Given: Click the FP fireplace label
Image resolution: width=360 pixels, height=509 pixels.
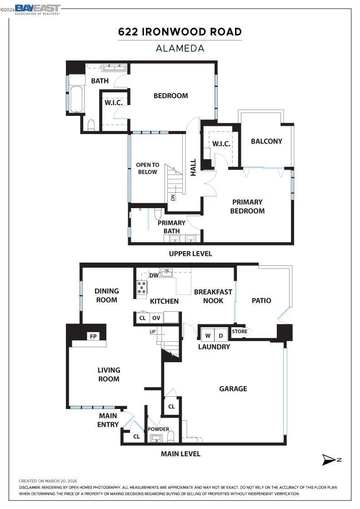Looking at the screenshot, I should pyautogui.click(x=93, y=337).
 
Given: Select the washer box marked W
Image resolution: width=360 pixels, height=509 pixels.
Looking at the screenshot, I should pyautogui.click(x=208, y=336).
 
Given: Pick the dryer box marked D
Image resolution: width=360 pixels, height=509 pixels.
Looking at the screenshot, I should pyautogui.click(x=221, y=336).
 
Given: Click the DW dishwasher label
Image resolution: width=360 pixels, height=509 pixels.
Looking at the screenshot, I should pyautogui.click(x=154, y=275).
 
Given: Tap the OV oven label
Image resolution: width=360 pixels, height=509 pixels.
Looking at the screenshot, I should pyautogui.click(x=156, y=318).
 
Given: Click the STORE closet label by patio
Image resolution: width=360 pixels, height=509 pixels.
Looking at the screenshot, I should pyautogui.click(x=240, y=332).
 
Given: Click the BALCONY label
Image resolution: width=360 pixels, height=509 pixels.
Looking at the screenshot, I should pyautogui.click(x=266, y=141).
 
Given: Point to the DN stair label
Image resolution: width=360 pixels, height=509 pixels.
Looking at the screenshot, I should pyautogui.click(x=173, y=198).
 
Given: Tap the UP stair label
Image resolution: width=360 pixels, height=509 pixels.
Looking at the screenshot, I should pyautogui.click(x=153, y=332).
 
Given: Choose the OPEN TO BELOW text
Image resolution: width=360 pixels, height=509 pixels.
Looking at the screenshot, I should pyautogui.click(x=148, y=169).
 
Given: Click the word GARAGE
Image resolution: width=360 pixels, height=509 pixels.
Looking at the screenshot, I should pyautogui.click(x=233, y=389).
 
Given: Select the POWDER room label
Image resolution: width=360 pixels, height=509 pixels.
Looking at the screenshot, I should pyautogui.click(x=158, y=429).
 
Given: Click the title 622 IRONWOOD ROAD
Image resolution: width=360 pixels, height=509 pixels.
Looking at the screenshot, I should pyautogui.click(x=180, y=32).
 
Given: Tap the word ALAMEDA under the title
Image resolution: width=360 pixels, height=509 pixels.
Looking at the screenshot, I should pyautogui.click(x=180, y=48).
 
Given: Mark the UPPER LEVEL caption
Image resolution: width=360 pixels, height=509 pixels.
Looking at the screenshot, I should pyautogui.click(x=190, y=254).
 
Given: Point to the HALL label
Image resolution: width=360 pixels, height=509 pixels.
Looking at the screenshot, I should pyautogui.click(x=193, y=168).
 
